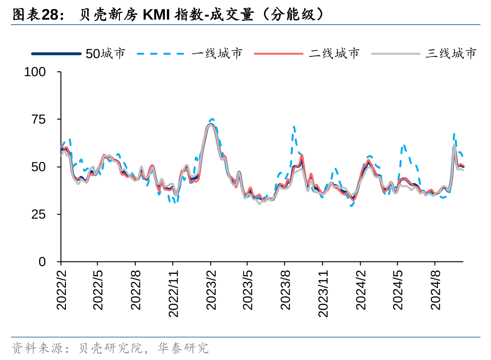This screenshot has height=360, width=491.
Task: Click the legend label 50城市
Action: point(105,54)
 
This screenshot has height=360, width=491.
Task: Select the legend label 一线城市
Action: point(217,54)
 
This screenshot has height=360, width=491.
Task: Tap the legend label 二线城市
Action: point(334,54)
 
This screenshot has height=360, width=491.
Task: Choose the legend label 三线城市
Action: point(451,54)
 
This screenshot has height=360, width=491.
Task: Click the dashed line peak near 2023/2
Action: point(212,119)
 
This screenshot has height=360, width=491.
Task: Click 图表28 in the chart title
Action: point(36,15)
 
